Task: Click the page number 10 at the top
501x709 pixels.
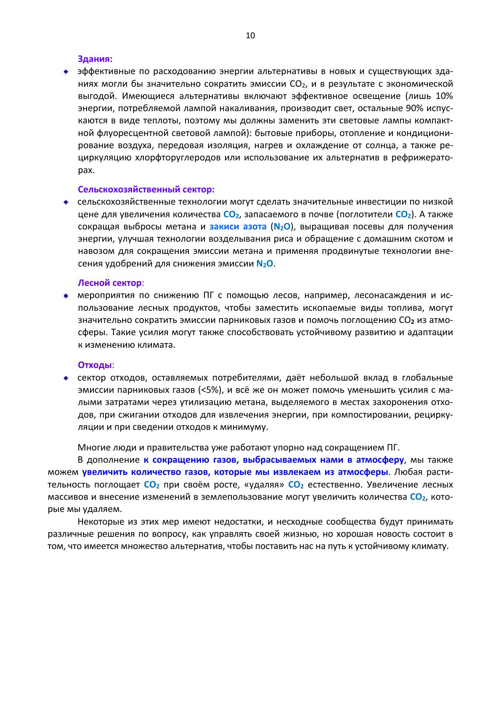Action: [250, 36]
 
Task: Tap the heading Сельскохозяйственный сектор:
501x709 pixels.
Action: [146, 189]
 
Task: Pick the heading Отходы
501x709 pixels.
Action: [95, 365]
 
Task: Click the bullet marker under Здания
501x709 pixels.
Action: [66, 72]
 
